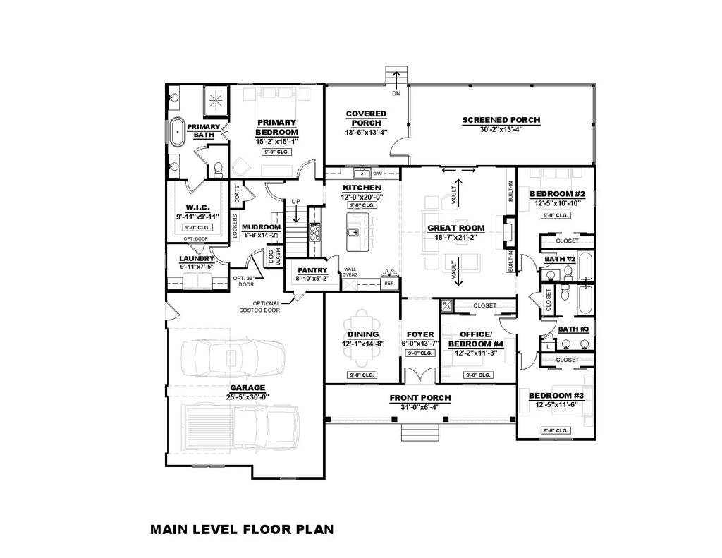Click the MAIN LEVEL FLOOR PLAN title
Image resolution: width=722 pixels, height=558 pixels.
[241, 528]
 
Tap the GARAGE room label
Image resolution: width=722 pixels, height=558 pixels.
[246, 387]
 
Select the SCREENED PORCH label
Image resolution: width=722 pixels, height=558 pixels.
[501, 120]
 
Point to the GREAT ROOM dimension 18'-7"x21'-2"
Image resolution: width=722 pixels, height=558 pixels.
[455, 237]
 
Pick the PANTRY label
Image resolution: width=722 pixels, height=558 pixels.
[311, 269]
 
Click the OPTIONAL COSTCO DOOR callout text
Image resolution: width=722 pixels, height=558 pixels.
[261, 305]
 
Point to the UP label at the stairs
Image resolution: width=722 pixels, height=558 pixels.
[295, 202]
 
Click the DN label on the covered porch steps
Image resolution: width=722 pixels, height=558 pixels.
[396, 93]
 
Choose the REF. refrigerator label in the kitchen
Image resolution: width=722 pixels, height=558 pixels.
[388, 283]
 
